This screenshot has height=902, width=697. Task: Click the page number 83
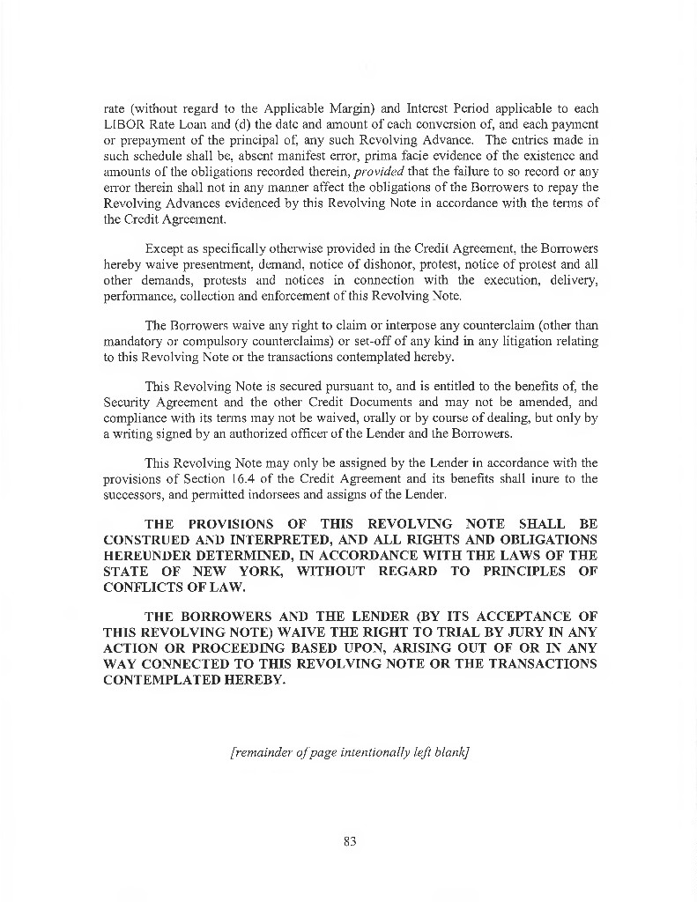pos(349,841)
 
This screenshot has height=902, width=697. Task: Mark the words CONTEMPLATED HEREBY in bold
pos(194,678)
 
